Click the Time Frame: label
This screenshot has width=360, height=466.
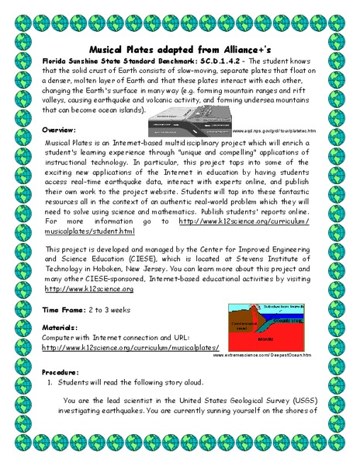tap(65, 309)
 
